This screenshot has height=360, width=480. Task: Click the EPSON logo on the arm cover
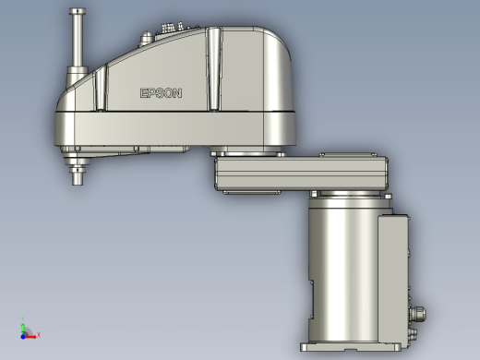click(161, 93)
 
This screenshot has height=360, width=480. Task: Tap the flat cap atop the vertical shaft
click(78, 11)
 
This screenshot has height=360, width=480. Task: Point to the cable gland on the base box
click(418, 314)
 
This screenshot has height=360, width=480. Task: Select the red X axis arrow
click(30, 337)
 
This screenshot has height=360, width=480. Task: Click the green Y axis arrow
click(23, 330)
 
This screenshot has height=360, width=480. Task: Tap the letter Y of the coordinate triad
click(23, 318)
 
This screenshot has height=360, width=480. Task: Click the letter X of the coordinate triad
click(39, 334)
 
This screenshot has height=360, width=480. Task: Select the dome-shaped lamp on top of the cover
click(146, 38)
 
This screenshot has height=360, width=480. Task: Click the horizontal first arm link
click(301, 174)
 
